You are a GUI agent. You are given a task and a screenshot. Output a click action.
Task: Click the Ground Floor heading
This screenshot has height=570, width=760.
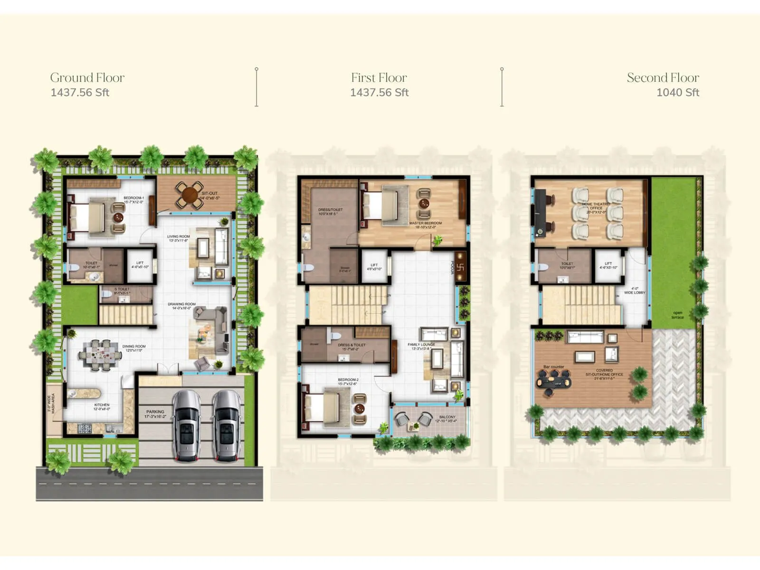pos(87,77)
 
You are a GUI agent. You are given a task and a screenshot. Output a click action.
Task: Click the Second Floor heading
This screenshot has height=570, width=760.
pos(663,77)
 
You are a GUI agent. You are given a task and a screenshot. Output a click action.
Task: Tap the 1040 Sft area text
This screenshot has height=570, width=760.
pos(677,93)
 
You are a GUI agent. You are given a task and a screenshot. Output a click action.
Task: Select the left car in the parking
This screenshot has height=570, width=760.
pos(186,426)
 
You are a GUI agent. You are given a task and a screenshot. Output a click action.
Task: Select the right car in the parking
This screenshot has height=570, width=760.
pos(227,426)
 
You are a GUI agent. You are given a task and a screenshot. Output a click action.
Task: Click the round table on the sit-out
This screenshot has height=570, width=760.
pos(190,195)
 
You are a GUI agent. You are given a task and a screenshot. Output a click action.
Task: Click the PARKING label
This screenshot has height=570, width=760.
pos(155,412)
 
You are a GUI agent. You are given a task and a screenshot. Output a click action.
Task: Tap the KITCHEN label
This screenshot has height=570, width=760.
pos(102,405)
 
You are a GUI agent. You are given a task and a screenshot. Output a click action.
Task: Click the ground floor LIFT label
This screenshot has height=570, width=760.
pos(140,263)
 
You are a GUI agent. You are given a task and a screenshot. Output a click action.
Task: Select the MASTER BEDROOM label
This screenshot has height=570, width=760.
pos(425,223)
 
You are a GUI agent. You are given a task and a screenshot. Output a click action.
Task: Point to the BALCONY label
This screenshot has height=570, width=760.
pos(447,417)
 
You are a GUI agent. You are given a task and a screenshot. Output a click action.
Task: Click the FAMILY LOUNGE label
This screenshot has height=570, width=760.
pos(421,345)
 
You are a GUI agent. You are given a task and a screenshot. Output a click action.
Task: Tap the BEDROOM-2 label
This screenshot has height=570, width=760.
pos(348,380)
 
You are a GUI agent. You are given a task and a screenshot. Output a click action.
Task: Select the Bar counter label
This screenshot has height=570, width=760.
pos(554,367)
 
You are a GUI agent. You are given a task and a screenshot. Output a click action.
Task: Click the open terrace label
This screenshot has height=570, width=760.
pos(677,315)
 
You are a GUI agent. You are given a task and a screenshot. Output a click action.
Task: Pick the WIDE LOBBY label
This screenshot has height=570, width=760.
pos(635,293)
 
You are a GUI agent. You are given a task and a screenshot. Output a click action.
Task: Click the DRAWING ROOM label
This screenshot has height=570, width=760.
pos(181,304)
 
